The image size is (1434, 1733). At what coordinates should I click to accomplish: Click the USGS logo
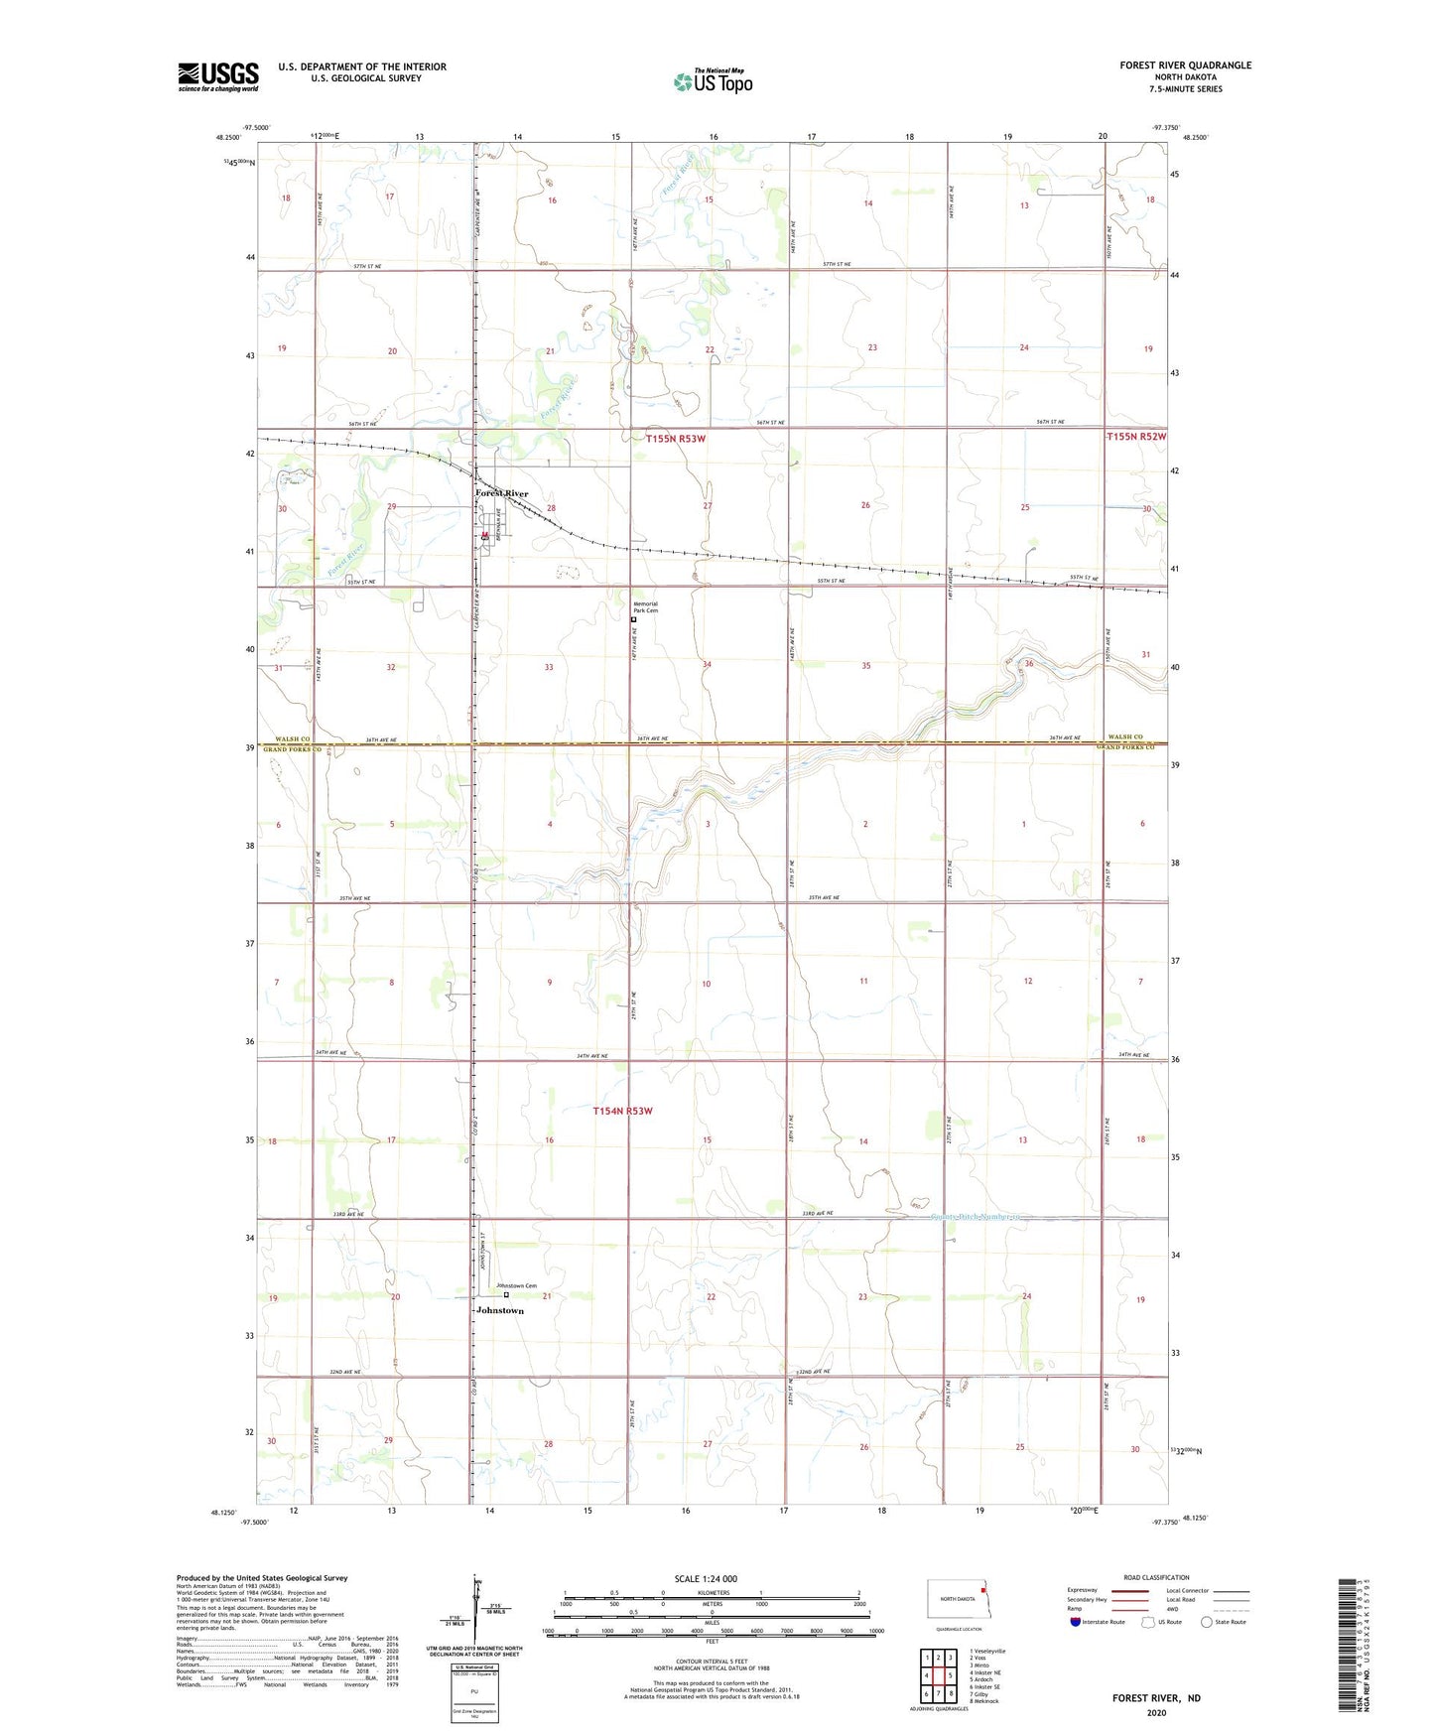pyautogui.click(x=217, y=76)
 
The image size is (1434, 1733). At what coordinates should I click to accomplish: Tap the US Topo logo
pyautogui.click(x=712, y=80)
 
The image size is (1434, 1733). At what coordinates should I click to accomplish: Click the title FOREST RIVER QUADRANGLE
pyautogui.click(x=1185, y=66)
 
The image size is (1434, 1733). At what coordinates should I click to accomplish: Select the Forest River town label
pyautogui.click(x=501, y=493)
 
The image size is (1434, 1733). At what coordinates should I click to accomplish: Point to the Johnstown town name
pyautogui.click(x=499, y=1310)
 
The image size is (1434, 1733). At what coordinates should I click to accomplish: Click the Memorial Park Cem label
pyautogui.click(x=645, y=607)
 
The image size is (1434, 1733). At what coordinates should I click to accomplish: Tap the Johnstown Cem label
pyautogui.click(x=516, y=1286)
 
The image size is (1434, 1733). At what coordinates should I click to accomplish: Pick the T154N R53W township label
pyautogui.click(x=622, y=1111)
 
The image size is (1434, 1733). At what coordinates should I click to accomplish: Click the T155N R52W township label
pyautogui.click(x=1136, y=437)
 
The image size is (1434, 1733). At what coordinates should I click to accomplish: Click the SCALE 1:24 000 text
pyautogui.click(x=705, y=1579)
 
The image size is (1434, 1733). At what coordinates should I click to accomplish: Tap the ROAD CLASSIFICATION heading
pyautogui.click(x=1156, y=1577)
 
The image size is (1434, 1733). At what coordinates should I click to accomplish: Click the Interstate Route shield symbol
pyautogui.click(x=1076, y=1622)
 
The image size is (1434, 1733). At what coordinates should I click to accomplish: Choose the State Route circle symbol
pyautogui.click(x=1207, y=1622)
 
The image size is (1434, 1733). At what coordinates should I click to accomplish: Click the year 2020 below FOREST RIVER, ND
pyautogui.click(x=1156, y=1712)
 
